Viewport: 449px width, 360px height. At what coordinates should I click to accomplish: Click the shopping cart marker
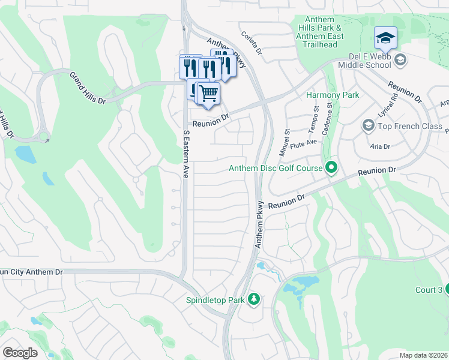pyautogui.click(x=208, y=94)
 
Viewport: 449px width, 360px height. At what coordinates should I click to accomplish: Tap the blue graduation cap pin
pyautogui.click(x=385, y=39)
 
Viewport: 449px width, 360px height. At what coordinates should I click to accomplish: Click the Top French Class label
pyautogui.click(x=409, y=126)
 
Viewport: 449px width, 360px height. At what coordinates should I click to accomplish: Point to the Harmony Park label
pyautogui.click(x=333, y=95)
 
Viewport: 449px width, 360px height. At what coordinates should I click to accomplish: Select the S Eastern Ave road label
pyautogui.click(x=186, y=154)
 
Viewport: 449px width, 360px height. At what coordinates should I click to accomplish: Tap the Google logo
pyautogui.click(x=20, y=353)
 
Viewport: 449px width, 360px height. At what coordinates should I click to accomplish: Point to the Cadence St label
pyautogui.click(x=328, y=118)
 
